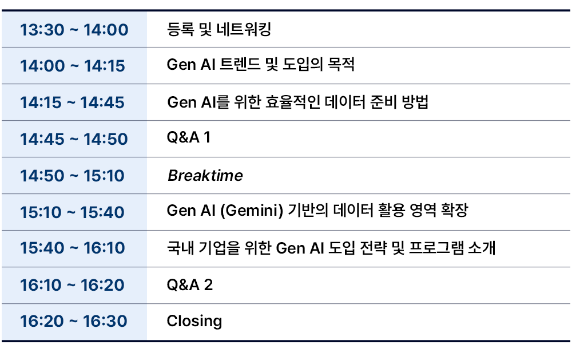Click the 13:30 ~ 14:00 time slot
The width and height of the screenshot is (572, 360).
(74, 30)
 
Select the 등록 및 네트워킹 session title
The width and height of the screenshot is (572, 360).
(219, 29)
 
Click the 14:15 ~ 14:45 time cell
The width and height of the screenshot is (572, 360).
(72, 102)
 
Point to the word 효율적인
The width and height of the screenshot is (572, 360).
(292, 102)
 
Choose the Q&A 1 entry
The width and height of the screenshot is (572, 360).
(189, 137)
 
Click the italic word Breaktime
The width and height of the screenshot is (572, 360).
(205, 176)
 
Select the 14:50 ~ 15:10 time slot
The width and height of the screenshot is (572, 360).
(72, 176)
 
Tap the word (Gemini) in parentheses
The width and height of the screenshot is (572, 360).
(252, 211)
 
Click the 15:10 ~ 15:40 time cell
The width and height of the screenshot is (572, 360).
(72, 212)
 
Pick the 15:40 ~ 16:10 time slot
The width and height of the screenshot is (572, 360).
(72, 248)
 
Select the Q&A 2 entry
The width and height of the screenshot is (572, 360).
(190, 285)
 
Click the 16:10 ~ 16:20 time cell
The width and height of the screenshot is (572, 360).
(72, 285)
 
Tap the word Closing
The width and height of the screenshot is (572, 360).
(194, 321)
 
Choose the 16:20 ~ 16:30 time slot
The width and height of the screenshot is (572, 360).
(74, 321)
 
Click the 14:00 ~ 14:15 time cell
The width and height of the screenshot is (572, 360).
(73, 66)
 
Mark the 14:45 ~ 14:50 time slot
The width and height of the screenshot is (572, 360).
(74, 139)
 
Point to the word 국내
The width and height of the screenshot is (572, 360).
(180, 248)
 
